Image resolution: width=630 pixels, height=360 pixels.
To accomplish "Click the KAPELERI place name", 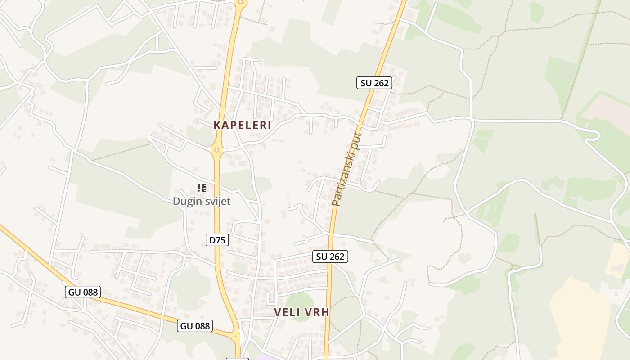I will click(242, 125).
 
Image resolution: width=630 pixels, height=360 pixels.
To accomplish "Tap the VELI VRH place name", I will click(301, 312).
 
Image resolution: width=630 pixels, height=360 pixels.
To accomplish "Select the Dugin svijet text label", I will click(202, 201).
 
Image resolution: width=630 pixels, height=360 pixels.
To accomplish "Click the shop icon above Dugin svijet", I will click(202, 188).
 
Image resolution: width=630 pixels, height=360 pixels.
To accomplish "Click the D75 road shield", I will click(217, 240).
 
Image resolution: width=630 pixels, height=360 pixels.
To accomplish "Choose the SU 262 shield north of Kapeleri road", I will click(374, 83).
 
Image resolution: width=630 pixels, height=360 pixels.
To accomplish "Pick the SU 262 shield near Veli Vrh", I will click(330, 256).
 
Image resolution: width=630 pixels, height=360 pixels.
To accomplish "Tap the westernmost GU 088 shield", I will click(83, 292).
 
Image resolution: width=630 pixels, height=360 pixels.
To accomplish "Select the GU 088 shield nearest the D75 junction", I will click(195, 326).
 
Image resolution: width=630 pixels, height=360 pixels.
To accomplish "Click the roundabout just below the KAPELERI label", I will click(217, 150).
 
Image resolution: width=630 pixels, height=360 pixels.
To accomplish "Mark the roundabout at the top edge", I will click(241, 3).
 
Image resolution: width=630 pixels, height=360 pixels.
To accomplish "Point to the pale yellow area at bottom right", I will click(580, 315).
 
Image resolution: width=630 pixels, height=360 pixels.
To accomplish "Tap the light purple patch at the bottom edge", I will click(261, 357).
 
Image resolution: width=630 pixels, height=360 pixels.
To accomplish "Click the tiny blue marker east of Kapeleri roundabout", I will click(264, 146).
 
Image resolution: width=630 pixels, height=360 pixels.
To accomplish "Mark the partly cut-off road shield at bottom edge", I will click(237, 359).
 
